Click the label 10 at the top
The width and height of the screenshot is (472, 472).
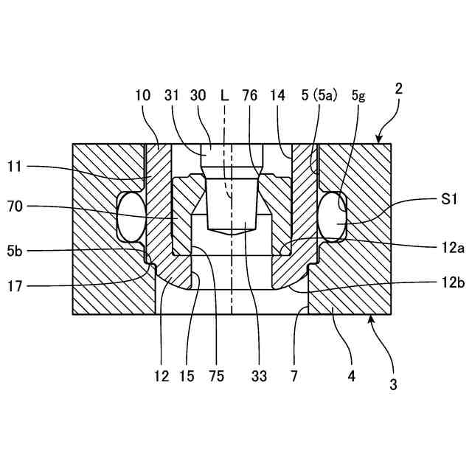pyautogui.click(x=143, y=95)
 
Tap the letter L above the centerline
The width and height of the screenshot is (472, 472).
pyautogui.click(x=225, y=95)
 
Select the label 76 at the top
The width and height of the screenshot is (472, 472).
pyautogui.click(x=250, y=95)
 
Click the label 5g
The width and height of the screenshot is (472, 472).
pyautogui.click(x=358, y=95)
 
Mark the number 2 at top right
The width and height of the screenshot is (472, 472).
pyautogui.click(x=398, y=89)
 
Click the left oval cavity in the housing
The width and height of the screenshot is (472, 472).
pyautogui.click(x=131, y=216)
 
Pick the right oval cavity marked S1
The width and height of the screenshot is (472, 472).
pyautogui.click(x=333, y=216)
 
